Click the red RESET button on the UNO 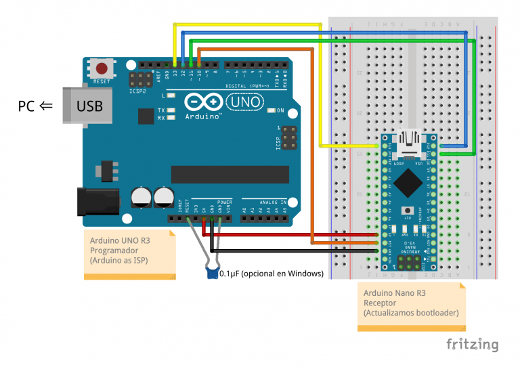point(102,68)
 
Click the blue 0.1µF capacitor point(213,273)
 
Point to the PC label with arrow point(35,106)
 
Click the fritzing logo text point(472,345)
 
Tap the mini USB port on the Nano point(409,142)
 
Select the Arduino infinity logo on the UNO point(202,102)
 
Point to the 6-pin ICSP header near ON point(289,137)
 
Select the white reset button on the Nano point(409,211)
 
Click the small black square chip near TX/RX point(146,116)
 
